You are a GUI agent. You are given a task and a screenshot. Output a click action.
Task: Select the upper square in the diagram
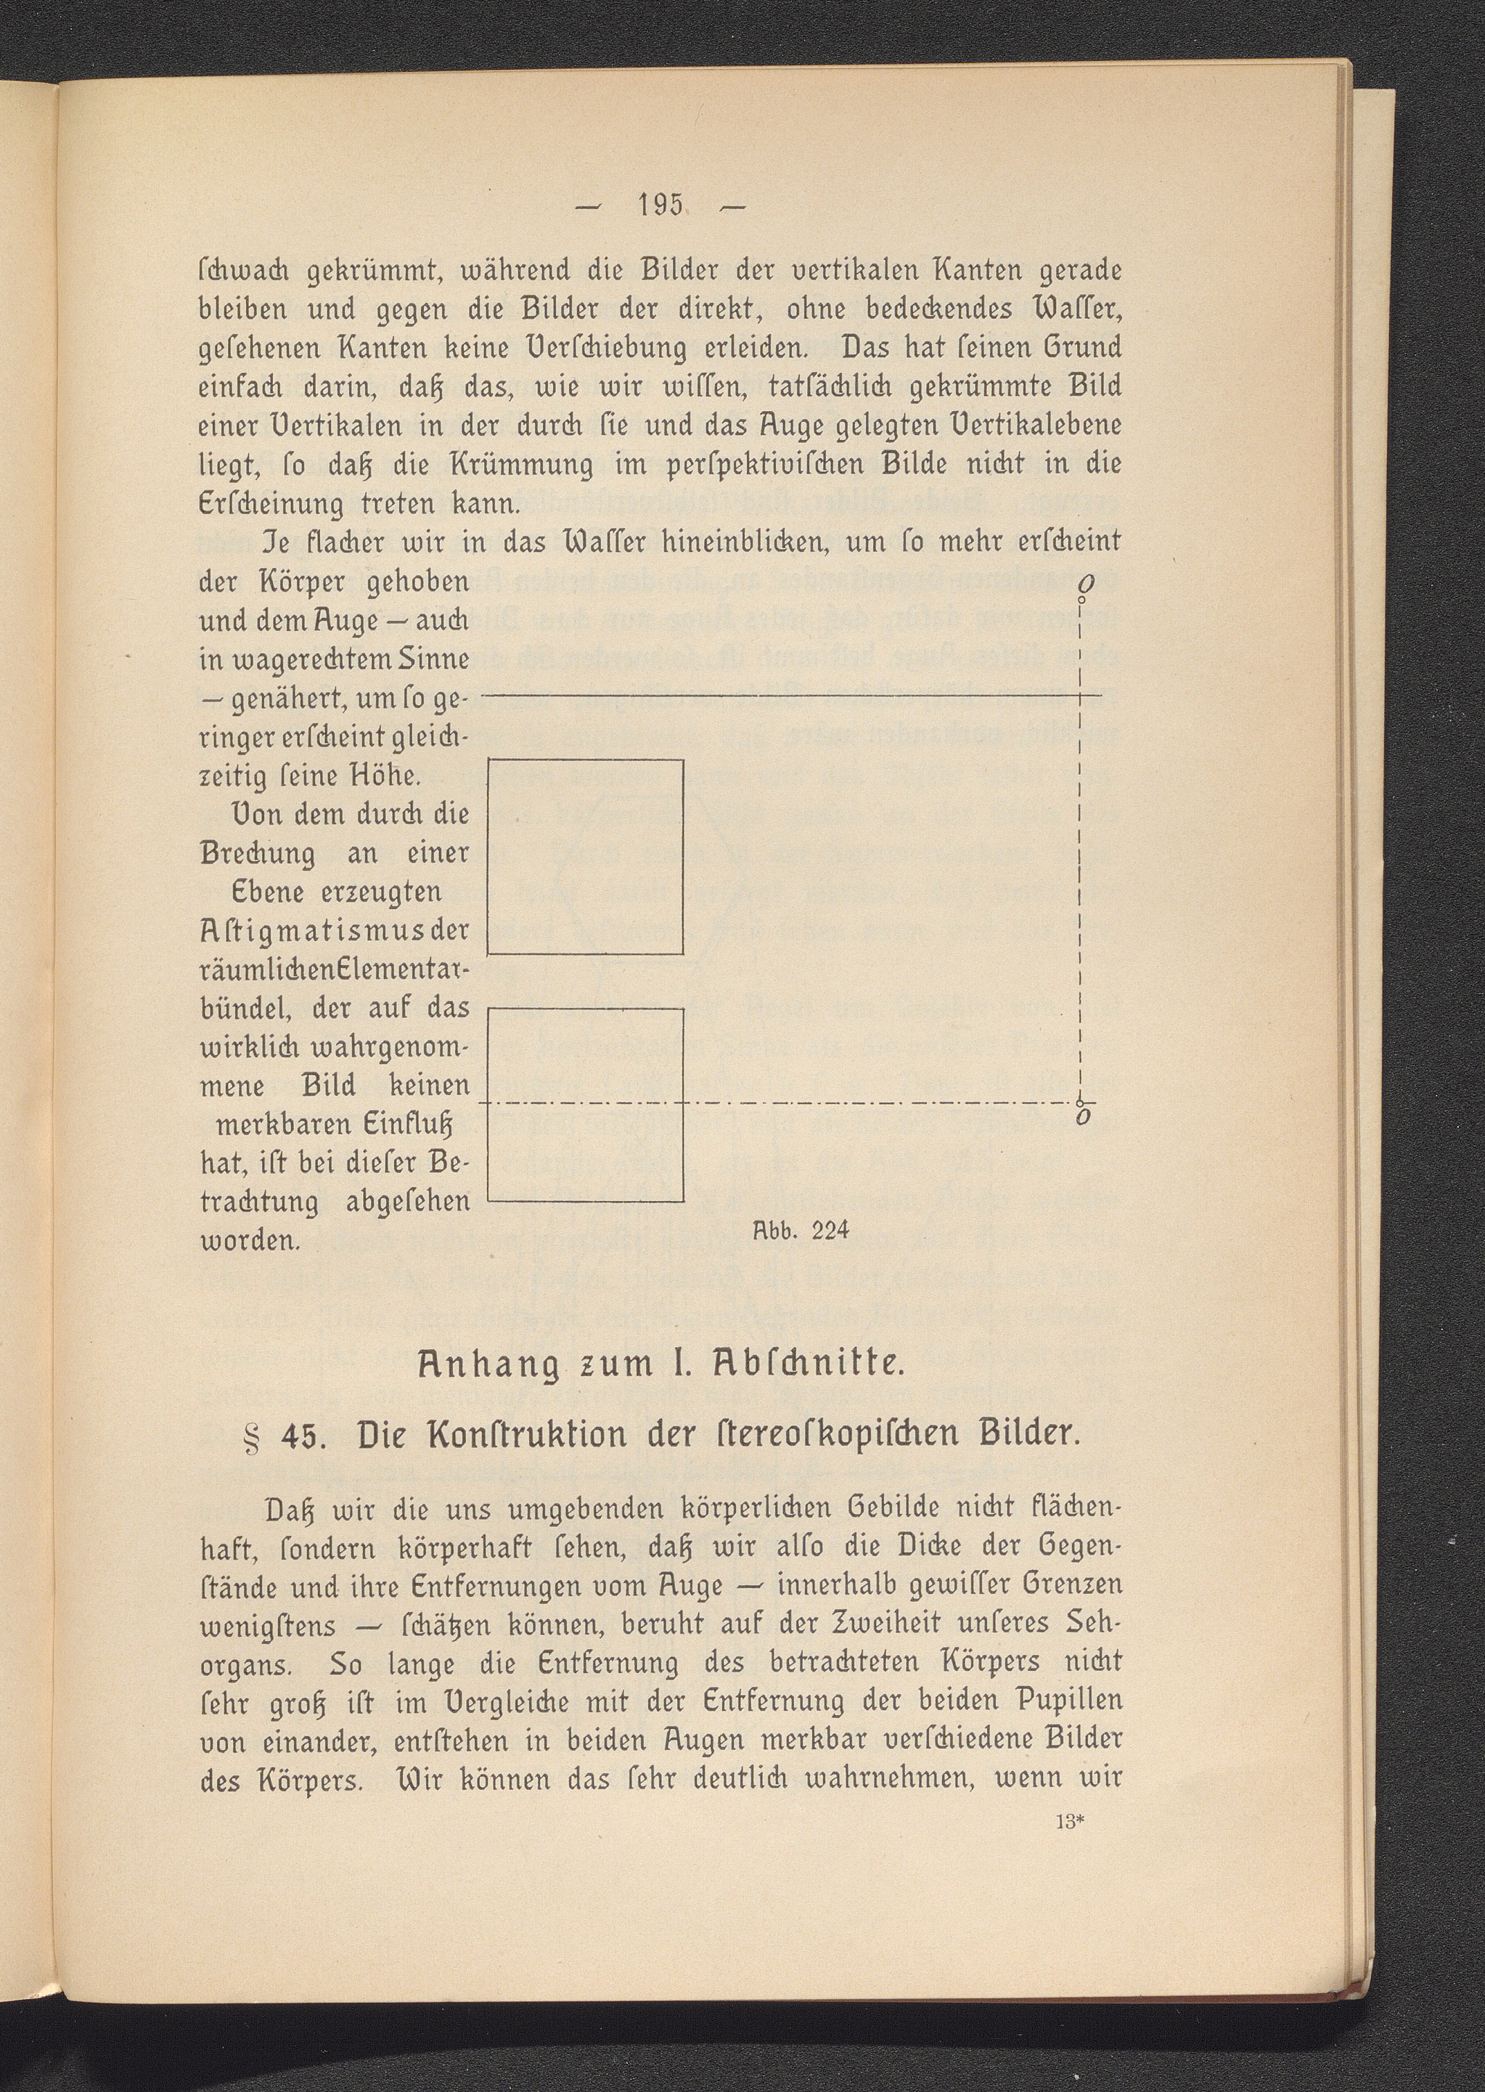pyautogui.click(x=586, y=856)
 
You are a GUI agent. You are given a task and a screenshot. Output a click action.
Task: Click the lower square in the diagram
pyautogui.click(x=586, y=1104)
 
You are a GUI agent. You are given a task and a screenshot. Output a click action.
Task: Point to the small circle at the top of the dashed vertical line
pyautogui.click(x=1081, y=599)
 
